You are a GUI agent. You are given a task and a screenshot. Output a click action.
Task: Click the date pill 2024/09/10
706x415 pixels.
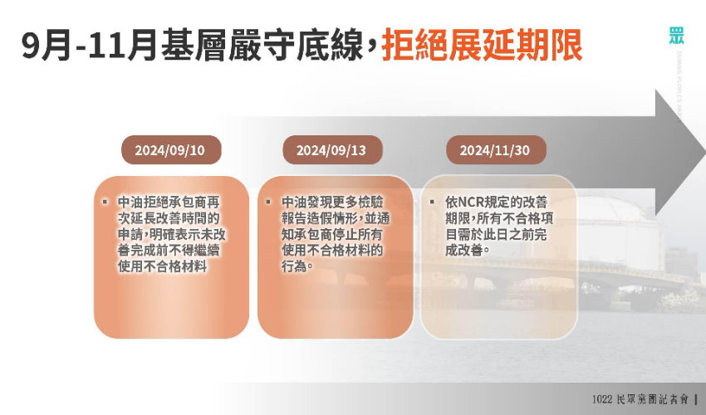tap(171, 150)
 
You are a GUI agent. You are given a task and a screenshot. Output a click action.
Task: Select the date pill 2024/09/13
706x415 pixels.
tap(332, 150)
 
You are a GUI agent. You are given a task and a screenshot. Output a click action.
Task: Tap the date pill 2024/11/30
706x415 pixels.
tap(496, 150)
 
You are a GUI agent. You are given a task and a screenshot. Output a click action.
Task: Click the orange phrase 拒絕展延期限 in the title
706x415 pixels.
tap(482, 45)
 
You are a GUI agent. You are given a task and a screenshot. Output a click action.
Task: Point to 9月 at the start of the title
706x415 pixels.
tap(46, 45)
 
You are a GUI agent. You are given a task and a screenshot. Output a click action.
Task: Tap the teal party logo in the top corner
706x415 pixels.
tap(676, 36)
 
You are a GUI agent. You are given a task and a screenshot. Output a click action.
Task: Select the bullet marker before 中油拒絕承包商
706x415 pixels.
tap(105, 202)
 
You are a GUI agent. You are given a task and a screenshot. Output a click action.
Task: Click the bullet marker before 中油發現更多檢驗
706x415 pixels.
tap(268, 202)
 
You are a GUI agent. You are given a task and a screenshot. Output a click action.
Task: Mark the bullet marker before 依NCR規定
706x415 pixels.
tap(432, 202)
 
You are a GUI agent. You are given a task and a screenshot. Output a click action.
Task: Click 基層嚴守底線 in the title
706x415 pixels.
tap(262, 45)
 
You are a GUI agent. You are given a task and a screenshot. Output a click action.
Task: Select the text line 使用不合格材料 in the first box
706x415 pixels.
tap(163, 266)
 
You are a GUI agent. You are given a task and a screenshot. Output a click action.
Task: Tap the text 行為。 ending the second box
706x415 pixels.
tap(297, 266)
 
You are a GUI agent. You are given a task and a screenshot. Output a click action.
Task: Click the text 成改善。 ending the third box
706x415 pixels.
tap(468, 251)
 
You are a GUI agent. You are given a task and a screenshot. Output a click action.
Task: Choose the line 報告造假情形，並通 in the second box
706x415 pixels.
tap(336, 218)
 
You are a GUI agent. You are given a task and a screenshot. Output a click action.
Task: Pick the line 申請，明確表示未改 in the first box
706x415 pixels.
tap(172, 235)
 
